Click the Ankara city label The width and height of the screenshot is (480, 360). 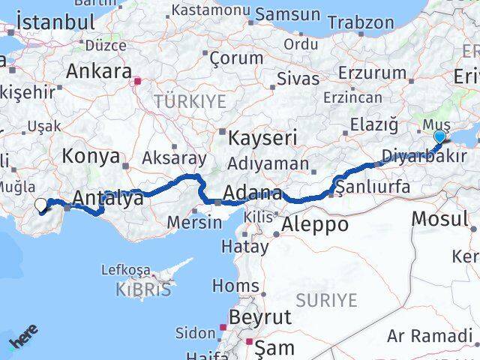tap(99, 71)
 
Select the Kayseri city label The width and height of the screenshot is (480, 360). tap(262, 137)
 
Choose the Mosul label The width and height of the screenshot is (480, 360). tap(439, 218)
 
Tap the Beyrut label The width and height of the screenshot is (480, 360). tap(260, 316)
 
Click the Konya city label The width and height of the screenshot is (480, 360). tap(91, 156)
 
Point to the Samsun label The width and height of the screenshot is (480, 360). tap(287, 13)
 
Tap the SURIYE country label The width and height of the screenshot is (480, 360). tap(326, 300)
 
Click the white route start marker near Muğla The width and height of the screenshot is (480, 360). tap(40, 203)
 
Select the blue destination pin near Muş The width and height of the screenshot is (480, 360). tap(439, 136)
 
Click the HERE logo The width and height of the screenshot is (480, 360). tap(23, 339)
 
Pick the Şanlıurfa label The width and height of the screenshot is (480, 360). tap(373, 186)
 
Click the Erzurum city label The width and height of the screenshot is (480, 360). tap(372, 73)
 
